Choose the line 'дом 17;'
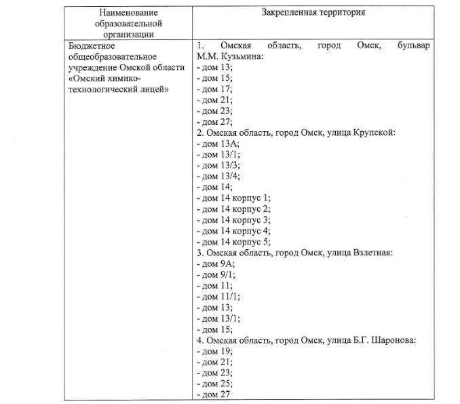pyautogui.click(x=215, y=89)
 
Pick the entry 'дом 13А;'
pyautogui.click(x=218, y=143)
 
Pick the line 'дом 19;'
pyautogui.click(x=215, y=350)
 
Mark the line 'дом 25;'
pyautogui.click(x=215, y=383)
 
